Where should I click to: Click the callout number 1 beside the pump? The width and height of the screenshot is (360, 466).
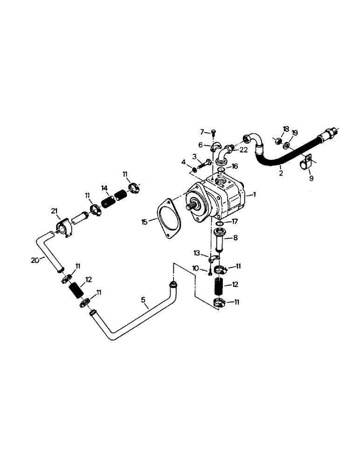(x=254, y=194)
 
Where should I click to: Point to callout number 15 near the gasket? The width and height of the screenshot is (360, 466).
(x=145, y=221)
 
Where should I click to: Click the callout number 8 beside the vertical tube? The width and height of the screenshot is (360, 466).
(x=235, y=237)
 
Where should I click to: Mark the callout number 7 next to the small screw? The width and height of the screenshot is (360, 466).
(x=202, y=132)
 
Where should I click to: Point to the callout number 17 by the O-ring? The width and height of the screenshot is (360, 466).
(x=235, y=221)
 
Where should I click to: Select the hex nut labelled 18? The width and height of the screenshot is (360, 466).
(x=276, y=139)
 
